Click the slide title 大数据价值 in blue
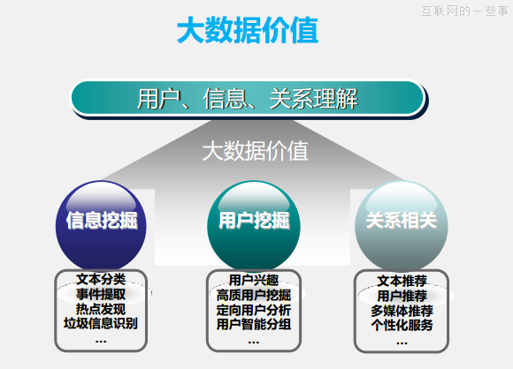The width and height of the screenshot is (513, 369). pos(247,33)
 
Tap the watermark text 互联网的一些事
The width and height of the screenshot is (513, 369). pos(463,11)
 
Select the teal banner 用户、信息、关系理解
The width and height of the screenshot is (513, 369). pos(247,98)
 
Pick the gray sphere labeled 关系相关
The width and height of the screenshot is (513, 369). pos(402,220)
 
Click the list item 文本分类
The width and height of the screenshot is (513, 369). pos(101,281)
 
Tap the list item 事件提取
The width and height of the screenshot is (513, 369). pos(101,295)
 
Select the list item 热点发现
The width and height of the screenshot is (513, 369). pos(101,309)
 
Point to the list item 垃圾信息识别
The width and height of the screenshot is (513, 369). pos(101,323)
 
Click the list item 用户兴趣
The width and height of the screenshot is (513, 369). pos(254,281)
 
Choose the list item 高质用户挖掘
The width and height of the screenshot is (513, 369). pos(254,295)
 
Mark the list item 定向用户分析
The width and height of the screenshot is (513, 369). pos(254,310)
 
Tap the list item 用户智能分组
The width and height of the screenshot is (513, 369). pos(254,324)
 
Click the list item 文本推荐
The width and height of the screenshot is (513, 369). pos(402,282)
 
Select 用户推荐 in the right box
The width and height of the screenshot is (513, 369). pos(402,296)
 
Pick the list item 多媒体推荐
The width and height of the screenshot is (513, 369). pos(402,311)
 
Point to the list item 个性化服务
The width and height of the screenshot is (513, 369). pos(402,325)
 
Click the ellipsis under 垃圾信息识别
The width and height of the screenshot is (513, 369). pos(101,340)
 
